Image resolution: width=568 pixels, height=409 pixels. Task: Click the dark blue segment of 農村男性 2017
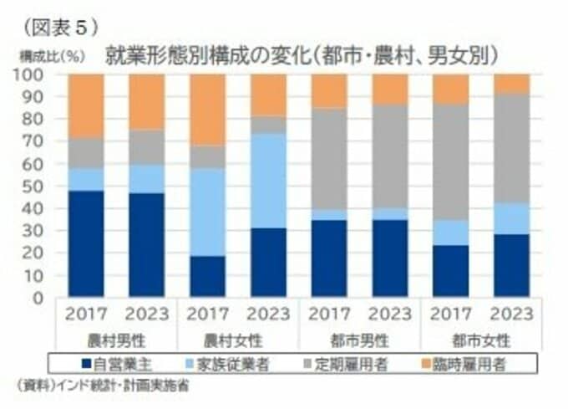pos(86,243)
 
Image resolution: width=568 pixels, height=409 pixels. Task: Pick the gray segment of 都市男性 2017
pos(329,158)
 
